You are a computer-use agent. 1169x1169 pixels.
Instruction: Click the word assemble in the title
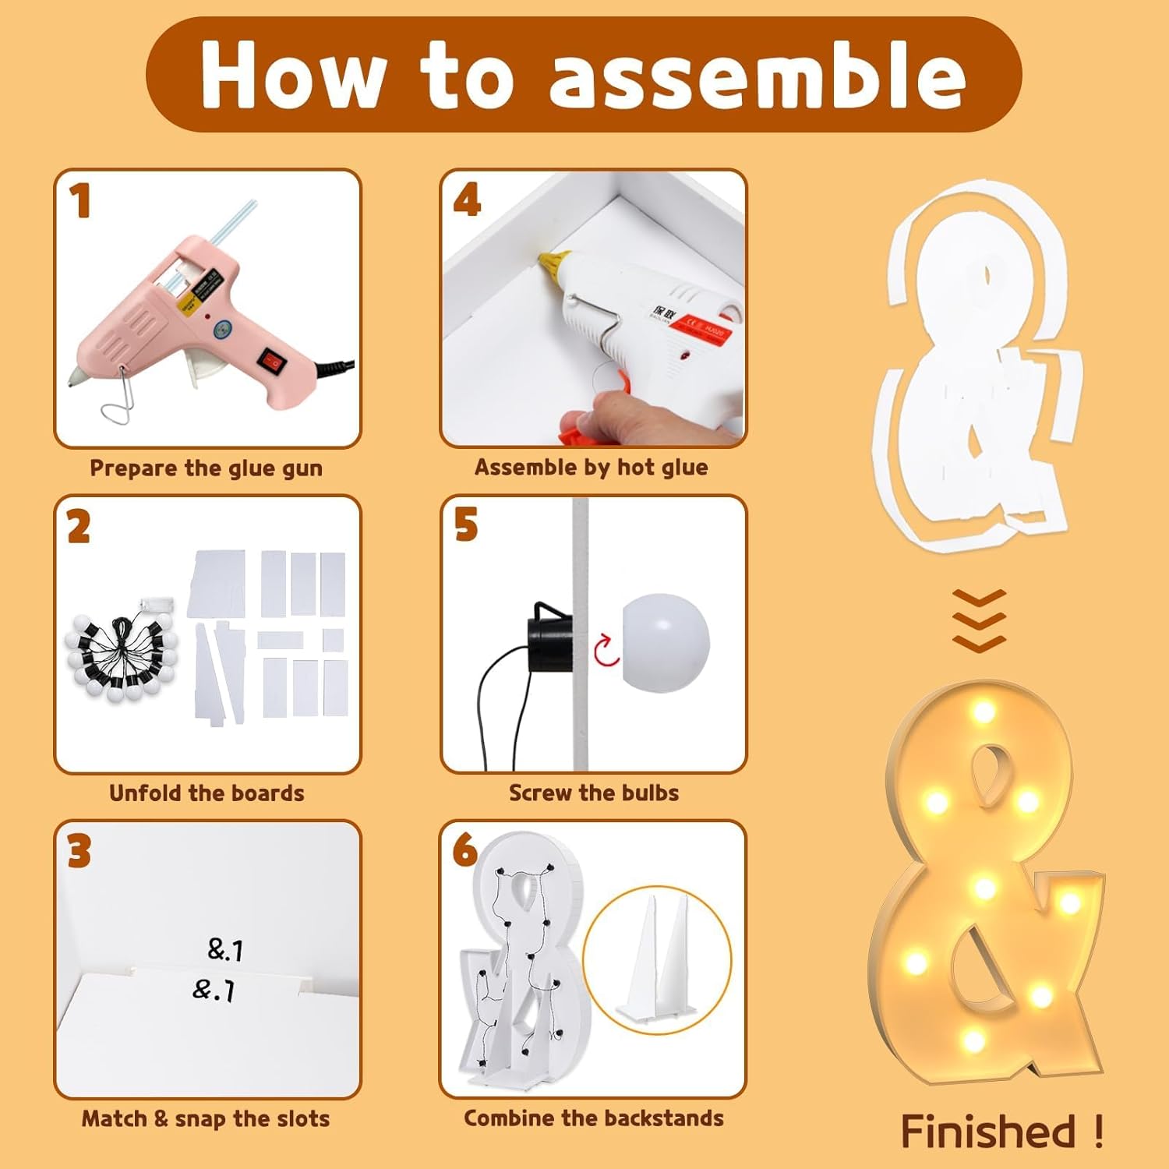758,76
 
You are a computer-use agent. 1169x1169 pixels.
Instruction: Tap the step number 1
80,201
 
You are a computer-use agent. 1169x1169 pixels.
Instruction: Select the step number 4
467,200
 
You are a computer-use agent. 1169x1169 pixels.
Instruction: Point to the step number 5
465,524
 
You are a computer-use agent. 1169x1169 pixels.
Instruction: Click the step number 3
79,851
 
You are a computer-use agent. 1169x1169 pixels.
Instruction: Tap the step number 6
465,849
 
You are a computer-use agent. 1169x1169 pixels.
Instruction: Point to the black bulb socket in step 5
550,637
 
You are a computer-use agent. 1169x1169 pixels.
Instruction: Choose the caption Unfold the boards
207,793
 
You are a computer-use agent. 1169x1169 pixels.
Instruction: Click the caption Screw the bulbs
594,793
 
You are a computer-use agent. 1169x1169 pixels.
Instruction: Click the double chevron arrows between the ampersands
980,620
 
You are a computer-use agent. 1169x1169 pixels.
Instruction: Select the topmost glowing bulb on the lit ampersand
984,712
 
